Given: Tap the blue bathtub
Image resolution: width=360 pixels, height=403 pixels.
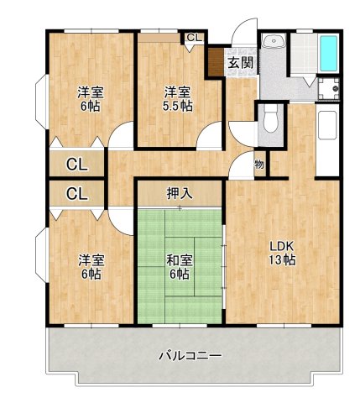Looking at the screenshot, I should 328,55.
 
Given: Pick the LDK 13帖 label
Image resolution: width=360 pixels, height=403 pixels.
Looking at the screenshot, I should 281,252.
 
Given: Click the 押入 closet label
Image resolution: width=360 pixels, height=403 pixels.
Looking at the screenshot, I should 179,193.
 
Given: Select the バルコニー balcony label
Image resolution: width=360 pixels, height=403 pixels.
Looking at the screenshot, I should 190,356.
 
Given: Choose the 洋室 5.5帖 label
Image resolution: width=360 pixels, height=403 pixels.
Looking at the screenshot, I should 177,98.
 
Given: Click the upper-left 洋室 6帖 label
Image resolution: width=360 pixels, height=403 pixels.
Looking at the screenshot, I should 91,98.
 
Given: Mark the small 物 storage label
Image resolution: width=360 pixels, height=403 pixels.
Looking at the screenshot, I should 259,165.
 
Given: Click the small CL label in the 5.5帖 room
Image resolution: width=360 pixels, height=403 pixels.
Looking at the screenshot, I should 194,38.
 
